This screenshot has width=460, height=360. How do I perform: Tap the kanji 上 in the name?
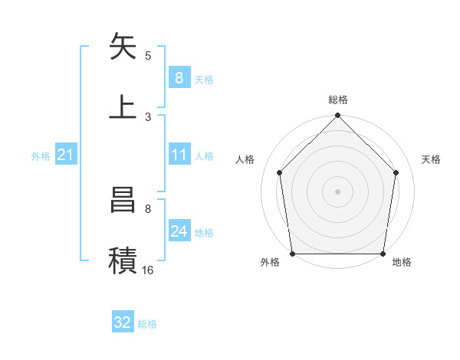(x=123, y=106)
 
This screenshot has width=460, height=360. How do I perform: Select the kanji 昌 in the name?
(x=123, y=200)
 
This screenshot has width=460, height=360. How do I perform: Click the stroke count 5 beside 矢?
(x=148, y=56)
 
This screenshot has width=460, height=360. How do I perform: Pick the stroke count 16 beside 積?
(x=148, y=270)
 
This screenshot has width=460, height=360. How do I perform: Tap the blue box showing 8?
(x=179, y=77)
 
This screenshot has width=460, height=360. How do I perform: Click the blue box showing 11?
(x=179, y=155)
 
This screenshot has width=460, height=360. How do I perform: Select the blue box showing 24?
(x=179, y=231)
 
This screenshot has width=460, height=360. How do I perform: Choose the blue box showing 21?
(x=65, y=155)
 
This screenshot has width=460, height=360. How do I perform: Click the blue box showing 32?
(x=123, y=322)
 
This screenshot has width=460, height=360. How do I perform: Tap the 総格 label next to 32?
(x=147, y=324)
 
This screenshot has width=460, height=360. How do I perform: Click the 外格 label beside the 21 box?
(x=41, y=156)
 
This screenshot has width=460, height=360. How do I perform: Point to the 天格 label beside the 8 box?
(x=204, y=79)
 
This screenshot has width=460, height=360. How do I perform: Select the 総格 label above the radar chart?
(x=337, y=100)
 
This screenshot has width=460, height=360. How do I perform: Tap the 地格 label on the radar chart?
(x=402, y=263)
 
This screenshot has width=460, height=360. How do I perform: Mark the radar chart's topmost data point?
(x=337, y=117)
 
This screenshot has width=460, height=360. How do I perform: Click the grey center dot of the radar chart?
(x=337, y=191)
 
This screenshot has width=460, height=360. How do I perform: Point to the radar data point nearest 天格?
(x=396, y=172)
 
